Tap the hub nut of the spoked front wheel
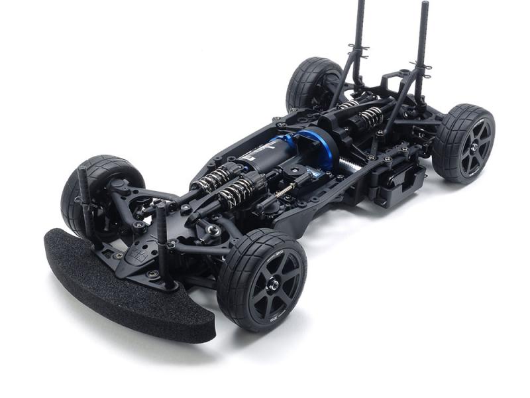[x=272, y=284]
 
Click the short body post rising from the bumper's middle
[x=163, y=245]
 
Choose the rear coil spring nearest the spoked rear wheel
[x=371, y=115]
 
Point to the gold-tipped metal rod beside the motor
[x=286, y=192]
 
